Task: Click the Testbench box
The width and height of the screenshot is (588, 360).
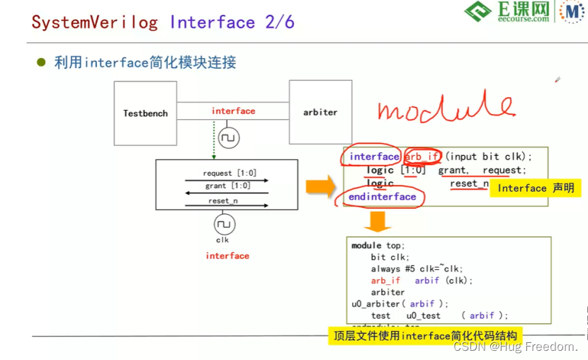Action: tap(145, 113)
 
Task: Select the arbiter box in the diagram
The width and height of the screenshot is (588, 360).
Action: tap(320, 112)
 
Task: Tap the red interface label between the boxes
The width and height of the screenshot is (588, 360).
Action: tap(233, 111)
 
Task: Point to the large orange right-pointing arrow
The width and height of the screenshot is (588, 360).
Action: tap(320, 186)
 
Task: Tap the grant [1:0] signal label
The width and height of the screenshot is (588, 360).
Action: tap(227, 186)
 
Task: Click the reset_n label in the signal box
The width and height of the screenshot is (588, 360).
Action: tap(223, 201)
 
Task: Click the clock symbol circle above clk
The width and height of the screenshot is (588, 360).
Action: tap(224, 225)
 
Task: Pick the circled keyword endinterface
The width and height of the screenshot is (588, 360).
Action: tap(382, 197)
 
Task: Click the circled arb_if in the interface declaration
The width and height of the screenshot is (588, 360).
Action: tap(422, 157)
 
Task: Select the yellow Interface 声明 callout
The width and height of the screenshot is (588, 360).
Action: tap(536, 188)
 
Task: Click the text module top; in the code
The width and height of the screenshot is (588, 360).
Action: tap(378, 245)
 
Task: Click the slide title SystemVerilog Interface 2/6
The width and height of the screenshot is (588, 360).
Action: tap(163, 22)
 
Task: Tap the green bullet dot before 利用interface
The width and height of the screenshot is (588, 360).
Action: tap(41, 62)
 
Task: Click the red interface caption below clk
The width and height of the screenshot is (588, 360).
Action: tap(227, 256)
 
